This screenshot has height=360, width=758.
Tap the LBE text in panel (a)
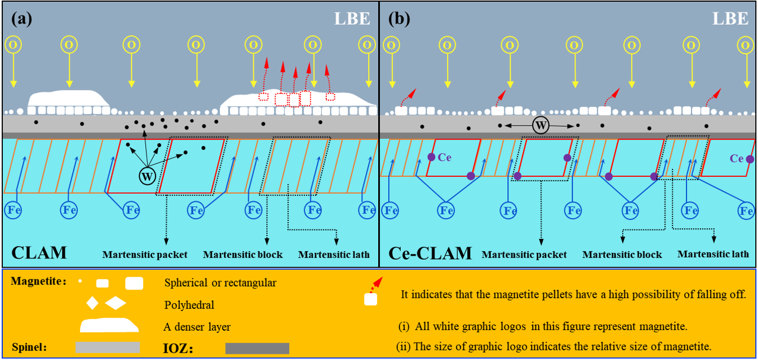352,19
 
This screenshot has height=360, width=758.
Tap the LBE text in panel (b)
730,19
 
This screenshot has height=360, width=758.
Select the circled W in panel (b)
540,126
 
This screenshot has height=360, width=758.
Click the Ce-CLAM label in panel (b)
431,253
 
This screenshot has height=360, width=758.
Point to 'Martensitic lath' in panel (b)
713,254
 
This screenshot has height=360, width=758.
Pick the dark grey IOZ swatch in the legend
257,348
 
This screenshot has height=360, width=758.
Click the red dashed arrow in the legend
375,284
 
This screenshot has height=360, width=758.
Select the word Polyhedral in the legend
189,305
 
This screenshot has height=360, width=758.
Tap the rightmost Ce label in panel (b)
737,159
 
